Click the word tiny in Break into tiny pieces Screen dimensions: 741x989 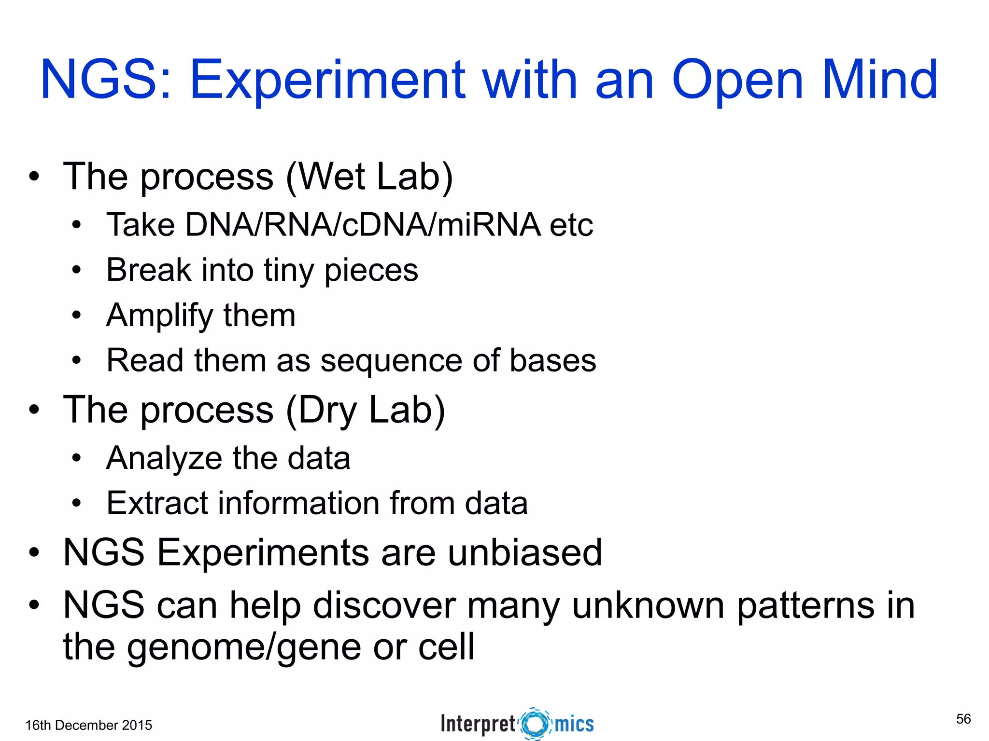pos(289,270)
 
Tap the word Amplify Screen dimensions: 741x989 pos(159,316)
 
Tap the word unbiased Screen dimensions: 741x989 pos(525,552)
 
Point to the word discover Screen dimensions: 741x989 pos(384,605)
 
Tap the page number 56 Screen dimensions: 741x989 pos(963,719)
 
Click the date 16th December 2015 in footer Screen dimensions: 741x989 pos(89,725)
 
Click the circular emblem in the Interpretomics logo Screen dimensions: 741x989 pos(535,724)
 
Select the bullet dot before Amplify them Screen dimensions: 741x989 pos(76,316)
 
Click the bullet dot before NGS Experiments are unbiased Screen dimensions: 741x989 pos(33,553)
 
